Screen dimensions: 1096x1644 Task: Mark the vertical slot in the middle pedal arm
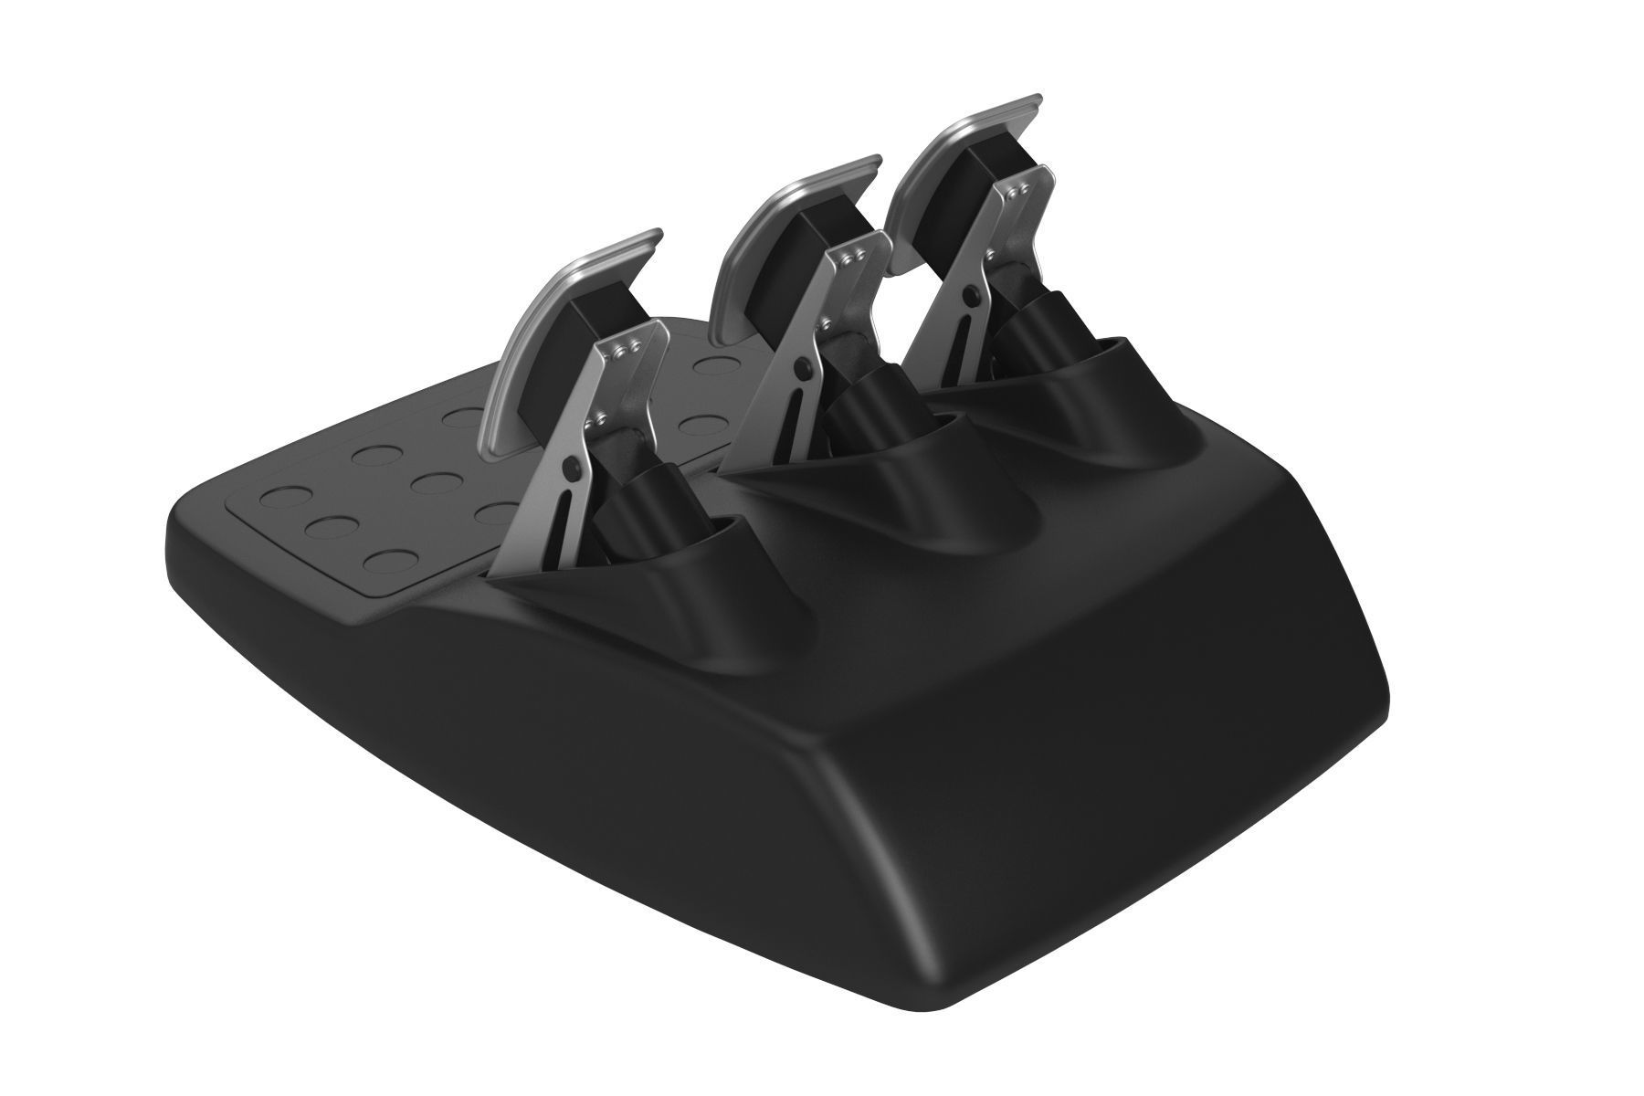click(787, 411)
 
